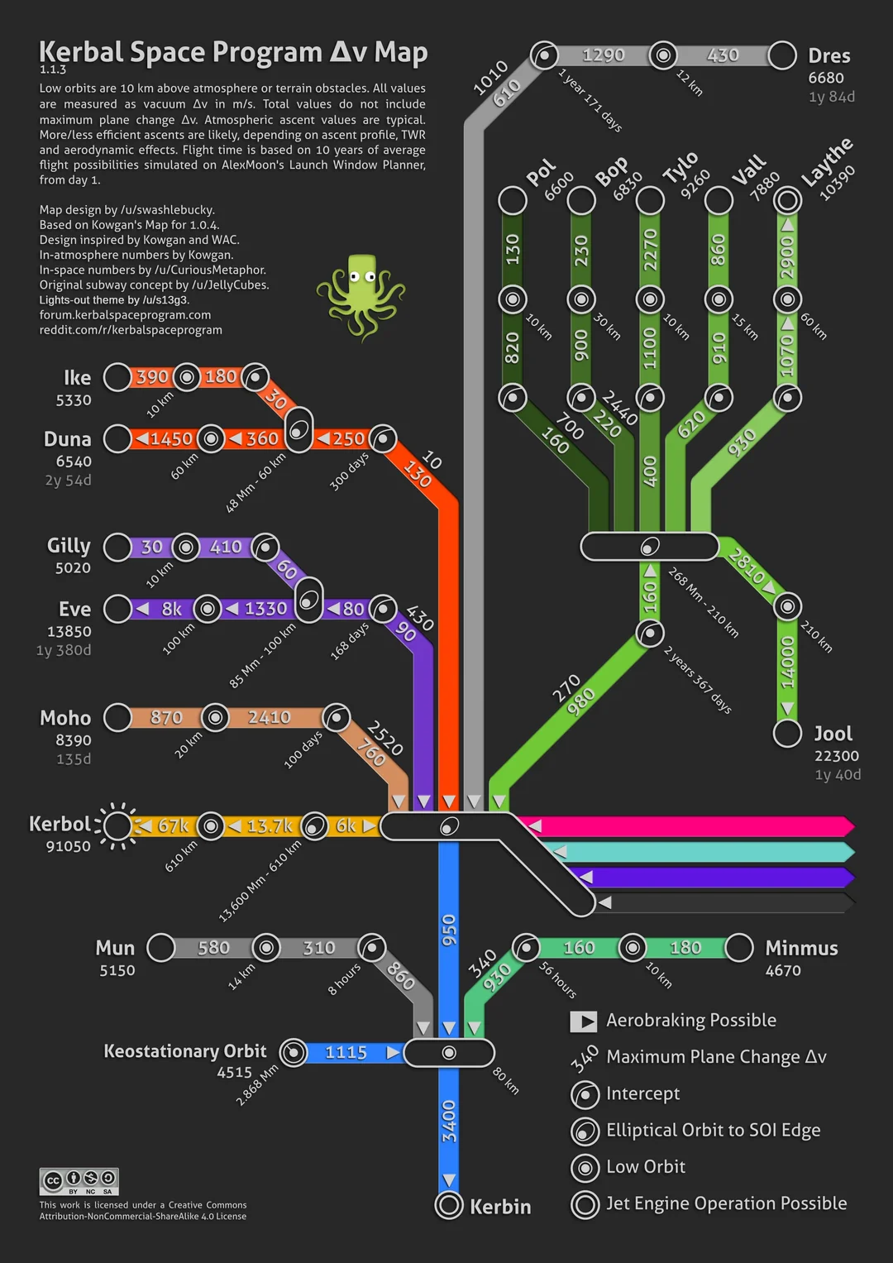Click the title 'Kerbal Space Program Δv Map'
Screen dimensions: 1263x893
(233, 52)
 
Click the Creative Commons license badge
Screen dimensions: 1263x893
(79, 1180)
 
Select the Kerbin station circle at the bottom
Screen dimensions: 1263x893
(449, 1205)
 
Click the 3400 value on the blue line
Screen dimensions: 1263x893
(449, 1121)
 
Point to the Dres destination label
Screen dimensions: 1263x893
(829, 56)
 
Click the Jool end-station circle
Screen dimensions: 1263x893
(787, 733)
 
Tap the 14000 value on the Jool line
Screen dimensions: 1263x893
(787, 662)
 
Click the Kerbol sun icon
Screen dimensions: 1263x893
(117, 825)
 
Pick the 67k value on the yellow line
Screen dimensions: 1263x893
(173, 825)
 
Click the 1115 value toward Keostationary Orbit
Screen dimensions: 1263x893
(346, 1052)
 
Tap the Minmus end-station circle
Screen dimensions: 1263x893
(738, 948)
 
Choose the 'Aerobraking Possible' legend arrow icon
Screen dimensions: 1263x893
(584, 1021)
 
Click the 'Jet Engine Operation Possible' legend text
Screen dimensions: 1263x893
(726, 1203)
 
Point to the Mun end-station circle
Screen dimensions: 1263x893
(161, 948)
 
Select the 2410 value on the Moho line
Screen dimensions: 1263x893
(270, 717)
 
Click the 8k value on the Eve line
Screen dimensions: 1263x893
(171, 609)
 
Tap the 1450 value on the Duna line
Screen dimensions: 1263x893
(171, 438)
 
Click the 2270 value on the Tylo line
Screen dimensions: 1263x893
(650, 249)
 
